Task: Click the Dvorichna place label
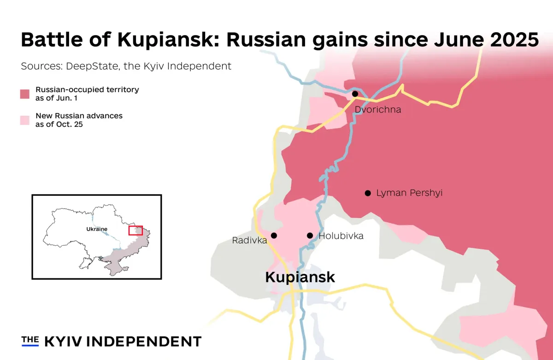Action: coord(377,110)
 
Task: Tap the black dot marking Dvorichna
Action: coord(355,94)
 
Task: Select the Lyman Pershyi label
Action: coord(409,193)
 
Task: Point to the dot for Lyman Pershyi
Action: coord(368,193)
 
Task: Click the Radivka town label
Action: coord(249,240)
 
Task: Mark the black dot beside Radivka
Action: coord(274,236)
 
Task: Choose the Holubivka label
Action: coord(341,236)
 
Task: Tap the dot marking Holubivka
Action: coord(310,236)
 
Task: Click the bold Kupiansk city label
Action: coord(300,277)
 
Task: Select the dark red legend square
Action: coord(25,94)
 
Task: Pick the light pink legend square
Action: coord(25,120)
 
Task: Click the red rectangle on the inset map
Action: coord(135,230)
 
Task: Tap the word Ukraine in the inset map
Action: coord(97,229)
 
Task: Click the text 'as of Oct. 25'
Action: coord(59,124)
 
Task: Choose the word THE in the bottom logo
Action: coord(30,340)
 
